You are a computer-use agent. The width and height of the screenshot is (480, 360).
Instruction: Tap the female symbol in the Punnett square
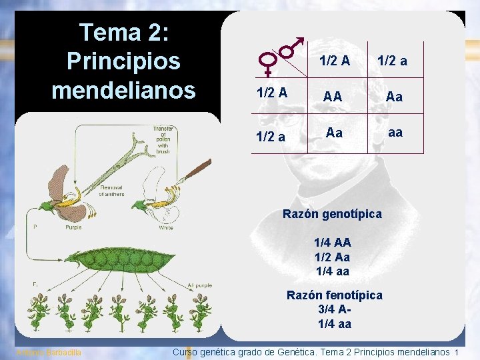(x=268, y=64)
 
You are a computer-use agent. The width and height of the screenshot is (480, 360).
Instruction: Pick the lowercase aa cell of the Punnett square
(x=395, y=133)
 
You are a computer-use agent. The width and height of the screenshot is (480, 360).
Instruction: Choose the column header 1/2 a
(x=393, y=61)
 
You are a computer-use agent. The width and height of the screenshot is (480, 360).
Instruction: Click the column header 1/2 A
(x=335, y=61)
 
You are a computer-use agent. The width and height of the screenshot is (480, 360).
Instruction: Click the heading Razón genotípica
(x=332, y=214)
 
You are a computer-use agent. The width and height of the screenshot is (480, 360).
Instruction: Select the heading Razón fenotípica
(x=334, y=295)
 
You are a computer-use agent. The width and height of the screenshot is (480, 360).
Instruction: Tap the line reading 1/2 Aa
(x=332, y=257)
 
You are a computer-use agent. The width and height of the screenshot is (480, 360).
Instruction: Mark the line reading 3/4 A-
(x=335, y=310)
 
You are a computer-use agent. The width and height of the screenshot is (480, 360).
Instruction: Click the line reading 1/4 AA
(x=333, y=243)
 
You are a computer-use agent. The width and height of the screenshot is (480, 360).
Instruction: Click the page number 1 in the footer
(x=456, y=352)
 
